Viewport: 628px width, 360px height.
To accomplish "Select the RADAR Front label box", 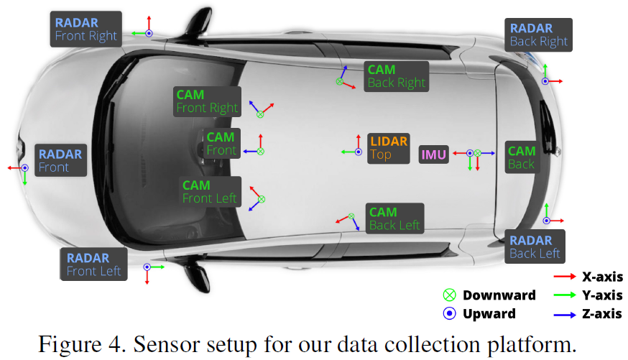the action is pos(60,161).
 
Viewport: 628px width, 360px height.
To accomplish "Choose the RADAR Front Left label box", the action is pos(93,264).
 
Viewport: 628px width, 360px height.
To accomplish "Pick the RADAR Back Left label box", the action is pos(535,246).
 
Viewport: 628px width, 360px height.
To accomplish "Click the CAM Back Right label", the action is pos(396,76).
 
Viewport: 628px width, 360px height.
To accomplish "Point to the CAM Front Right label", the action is pos(207,101).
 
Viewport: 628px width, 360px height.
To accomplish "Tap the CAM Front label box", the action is pos(221,144).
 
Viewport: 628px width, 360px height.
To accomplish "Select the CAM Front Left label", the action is pos(210,192).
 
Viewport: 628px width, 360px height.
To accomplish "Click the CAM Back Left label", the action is pos(394,218).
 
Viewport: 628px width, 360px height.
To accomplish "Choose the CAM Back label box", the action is pos(521,157).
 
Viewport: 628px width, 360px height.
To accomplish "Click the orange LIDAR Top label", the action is pos(389,147).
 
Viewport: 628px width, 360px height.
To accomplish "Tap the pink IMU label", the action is pos(433,154).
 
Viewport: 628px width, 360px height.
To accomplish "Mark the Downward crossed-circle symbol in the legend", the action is pos(450,295).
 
